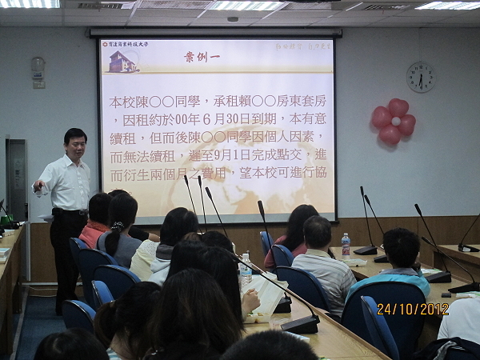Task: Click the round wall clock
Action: (x=420, y=77)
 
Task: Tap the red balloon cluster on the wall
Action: (x=393, y=122)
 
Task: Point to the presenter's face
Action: (x=75, y=146)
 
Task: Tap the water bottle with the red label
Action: (x=345, y=245)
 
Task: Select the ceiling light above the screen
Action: (x=247, y=6)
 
